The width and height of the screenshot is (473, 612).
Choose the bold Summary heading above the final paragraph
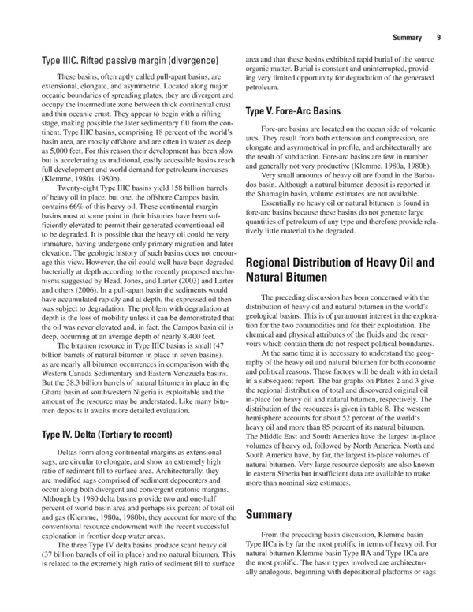pos(270,515)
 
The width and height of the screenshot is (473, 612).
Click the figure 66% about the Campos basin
pos(91,226)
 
